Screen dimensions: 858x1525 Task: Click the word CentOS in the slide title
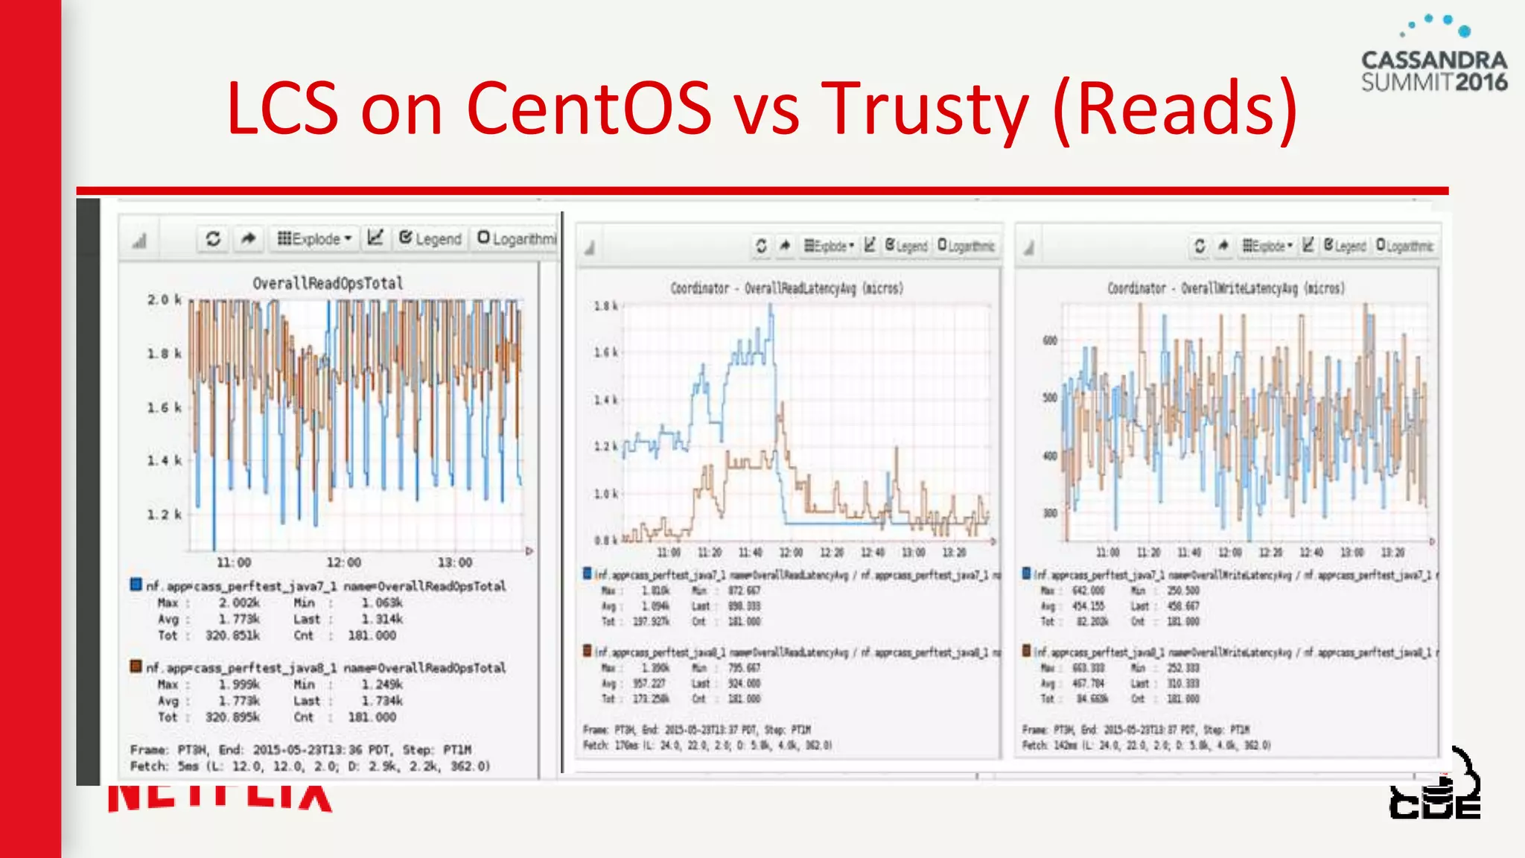point(588,108)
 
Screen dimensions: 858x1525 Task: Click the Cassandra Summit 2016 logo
point(1434,56)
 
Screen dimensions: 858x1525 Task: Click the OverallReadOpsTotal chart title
point(328,283)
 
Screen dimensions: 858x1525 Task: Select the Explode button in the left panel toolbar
point(313,239)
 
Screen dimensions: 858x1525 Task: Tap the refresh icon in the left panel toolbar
point(213,239)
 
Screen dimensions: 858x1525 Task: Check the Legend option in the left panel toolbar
point(430,239)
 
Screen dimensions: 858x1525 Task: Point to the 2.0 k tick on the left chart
point(164,299)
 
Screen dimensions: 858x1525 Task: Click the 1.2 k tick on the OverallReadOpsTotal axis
point(164,514)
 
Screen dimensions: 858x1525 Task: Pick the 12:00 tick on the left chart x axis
point(343,562)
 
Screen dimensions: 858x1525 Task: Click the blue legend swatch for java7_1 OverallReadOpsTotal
point(136,585)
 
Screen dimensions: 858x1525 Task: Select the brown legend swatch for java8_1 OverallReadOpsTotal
point(136,666)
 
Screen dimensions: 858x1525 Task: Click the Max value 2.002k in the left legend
point(239,603)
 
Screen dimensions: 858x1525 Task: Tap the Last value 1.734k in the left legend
point(382,701)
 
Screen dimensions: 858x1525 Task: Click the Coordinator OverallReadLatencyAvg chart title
point(786,288)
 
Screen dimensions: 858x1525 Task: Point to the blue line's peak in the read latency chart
point(771,307)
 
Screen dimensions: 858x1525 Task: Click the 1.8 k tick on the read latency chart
point(605,306)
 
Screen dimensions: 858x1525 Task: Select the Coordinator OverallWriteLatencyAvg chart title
point(1226,288)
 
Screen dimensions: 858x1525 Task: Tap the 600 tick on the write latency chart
point(1049,340)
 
